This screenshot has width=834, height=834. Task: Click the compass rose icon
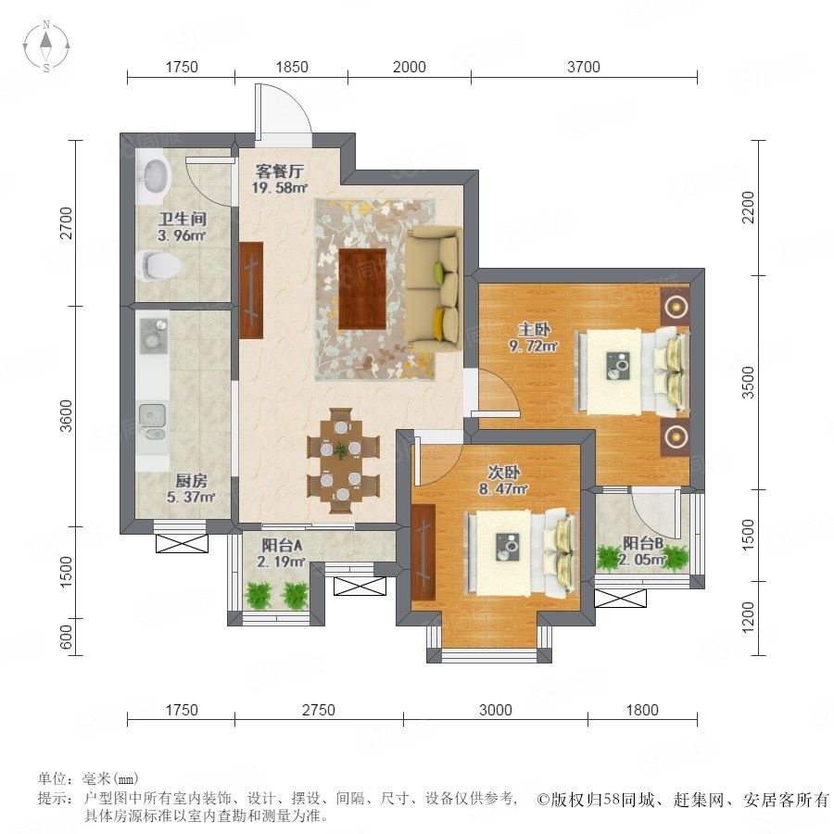tap(46, 45)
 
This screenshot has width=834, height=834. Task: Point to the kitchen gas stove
tap(154, 336)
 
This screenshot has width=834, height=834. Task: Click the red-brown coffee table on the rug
tap(362, 289)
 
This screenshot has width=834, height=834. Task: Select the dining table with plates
tap(341, 461)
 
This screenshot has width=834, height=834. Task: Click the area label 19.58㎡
tap(280, 188)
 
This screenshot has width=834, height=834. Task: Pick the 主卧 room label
tap(534, 330)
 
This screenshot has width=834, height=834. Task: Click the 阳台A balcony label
tap(282, 545)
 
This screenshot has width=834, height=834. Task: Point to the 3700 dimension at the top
tap(584, 67)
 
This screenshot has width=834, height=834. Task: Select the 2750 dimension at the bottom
tap(319, 710)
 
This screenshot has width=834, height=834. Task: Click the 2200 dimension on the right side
tap(748, 208)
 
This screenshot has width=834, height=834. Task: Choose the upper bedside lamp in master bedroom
tap(676, 307)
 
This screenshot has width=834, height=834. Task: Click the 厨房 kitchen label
tap(191, 481)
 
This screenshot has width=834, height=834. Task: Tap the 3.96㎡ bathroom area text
tap(182, 235)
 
